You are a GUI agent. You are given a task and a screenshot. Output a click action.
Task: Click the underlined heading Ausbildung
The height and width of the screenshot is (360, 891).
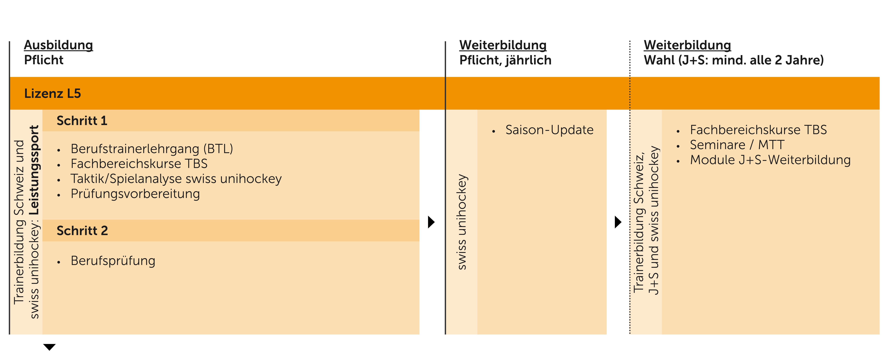58,45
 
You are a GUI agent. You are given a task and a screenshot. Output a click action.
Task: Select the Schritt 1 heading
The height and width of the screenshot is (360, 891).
82,121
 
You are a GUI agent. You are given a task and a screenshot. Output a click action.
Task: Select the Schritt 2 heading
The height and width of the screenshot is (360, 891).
82,231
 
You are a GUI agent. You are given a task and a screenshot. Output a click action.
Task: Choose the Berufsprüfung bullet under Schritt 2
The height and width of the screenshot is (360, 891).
113,261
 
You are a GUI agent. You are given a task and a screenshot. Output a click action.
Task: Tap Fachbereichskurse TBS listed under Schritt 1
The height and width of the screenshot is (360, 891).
139,164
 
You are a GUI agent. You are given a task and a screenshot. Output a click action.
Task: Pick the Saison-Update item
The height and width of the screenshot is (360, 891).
549,130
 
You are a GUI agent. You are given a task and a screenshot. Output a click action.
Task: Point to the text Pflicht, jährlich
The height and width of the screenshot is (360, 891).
505,60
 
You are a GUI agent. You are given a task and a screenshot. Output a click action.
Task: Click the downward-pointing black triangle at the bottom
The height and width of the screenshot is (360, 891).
49,347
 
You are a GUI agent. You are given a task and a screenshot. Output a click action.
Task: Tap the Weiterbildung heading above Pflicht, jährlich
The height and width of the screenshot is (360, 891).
503,45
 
